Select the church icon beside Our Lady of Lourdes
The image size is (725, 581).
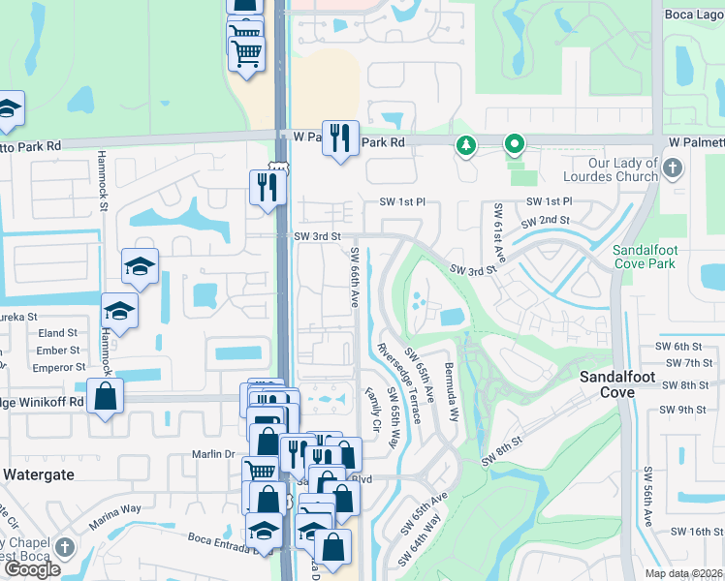point(672,170)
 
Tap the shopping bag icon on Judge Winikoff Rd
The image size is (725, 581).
point(105,396)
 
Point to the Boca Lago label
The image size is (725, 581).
point(694,14)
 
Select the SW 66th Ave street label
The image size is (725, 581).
point(355,278)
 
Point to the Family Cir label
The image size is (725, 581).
point(372,411)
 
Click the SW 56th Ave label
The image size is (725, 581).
point(647,497)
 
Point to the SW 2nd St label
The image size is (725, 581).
point(545,222)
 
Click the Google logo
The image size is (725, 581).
point(32,569)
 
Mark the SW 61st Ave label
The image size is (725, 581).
point(499,233)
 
